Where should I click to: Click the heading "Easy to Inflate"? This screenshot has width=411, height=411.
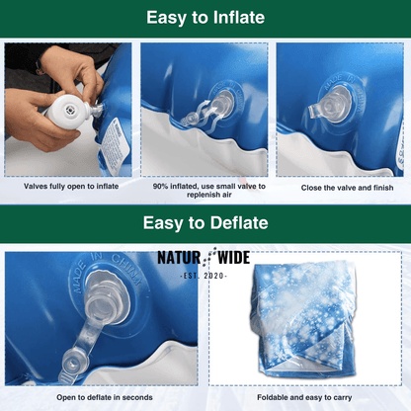205,17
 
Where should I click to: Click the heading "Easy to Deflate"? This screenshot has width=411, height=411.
205,223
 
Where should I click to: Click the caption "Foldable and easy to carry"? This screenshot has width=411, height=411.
307,399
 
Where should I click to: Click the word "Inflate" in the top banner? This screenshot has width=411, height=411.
235,17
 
